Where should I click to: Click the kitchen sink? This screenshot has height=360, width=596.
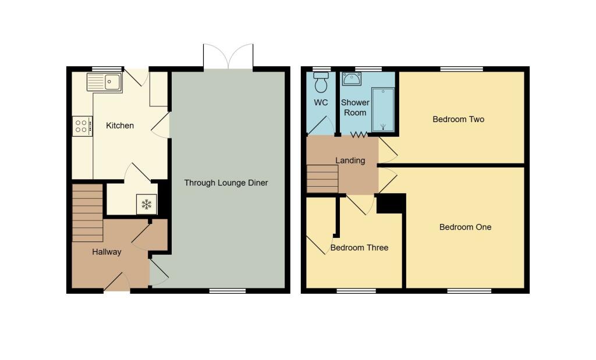[x=105, y=82]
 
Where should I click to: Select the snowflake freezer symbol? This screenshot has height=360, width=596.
[x=146, y=205]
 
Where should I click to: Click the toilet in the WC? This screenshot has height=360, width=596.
[x=321, y=82]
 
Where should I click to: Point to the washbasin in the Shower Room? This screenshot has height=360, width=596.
[x=352, y=79]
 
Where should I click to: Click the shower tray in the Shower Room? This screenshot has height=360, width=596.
[x=383, y=110]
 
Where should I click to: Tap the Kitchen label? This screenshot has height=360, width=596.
[x=120, y=126]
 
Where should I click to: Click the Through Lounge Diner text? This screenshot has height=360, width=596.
[x=226, y=183]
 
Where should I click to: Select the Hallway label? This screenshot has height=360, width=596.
[x=107, y=252]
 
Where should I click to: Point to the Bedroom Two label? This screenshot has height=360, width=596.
[x=459, y=119]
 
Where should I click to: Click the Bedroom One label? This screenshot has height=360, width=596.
[x=465, y=227]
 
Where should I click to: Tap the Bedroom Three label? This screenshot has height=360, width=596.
[x=359, y=248]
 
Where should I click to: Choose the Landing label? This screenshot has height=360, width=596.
[x=350, y=161]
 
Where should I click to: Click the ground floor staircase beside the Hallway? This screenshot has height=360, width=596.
[x=87, y=213]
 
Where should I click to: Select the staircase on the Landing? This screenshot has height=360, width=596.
[x=322, y=179]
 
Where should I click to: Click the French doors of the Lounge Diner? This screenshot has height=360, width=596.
[x=228, y=57]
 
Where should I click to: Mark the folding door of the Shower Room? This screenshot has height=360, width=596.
[x=359, y=134]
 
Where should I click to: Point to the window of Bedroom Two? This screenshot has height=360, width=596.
[x=462, y=69]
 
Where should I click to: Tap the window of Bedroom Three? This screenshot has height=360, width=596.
[x=356, y=291]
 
